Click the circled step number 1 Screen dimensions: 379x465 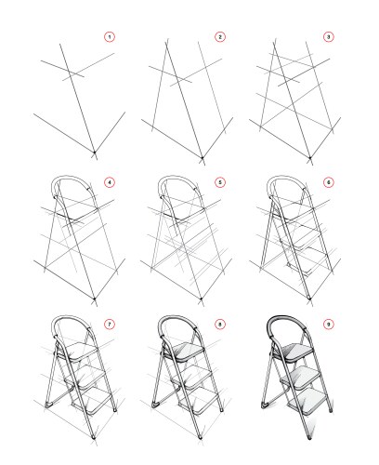tap(110, 37)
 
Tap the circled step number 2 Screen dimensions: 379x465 tap(220, 37)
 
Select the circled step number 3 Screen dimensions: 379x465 tap(329, 37)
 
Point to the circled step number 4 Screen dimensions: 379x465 tap(110, 182)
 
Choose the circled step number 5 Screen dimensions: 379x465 tap(220, 182)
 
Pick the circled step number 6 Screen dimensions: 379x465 tap(329, 182)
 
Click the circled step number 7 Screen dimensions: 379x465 tap(110, 325)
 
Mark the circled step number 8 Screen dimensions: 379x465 tap(220, 325)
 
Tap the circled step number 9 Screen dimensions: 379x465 tap(329, 325)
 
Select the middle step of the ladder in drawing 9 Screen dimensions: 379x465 tap(301, 378)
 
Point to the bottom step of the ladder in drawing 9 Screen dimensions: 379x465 tap(308, 402)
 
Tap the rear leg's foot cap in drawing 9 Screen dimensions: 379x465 tap(265, 405)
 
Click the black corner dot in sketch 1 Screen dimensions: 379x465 tap(95, 153)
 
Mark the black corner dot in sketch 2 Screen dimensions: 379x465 tap(203, 158)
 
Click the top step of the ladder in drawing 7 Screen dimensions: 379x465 tap(80, 352)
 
